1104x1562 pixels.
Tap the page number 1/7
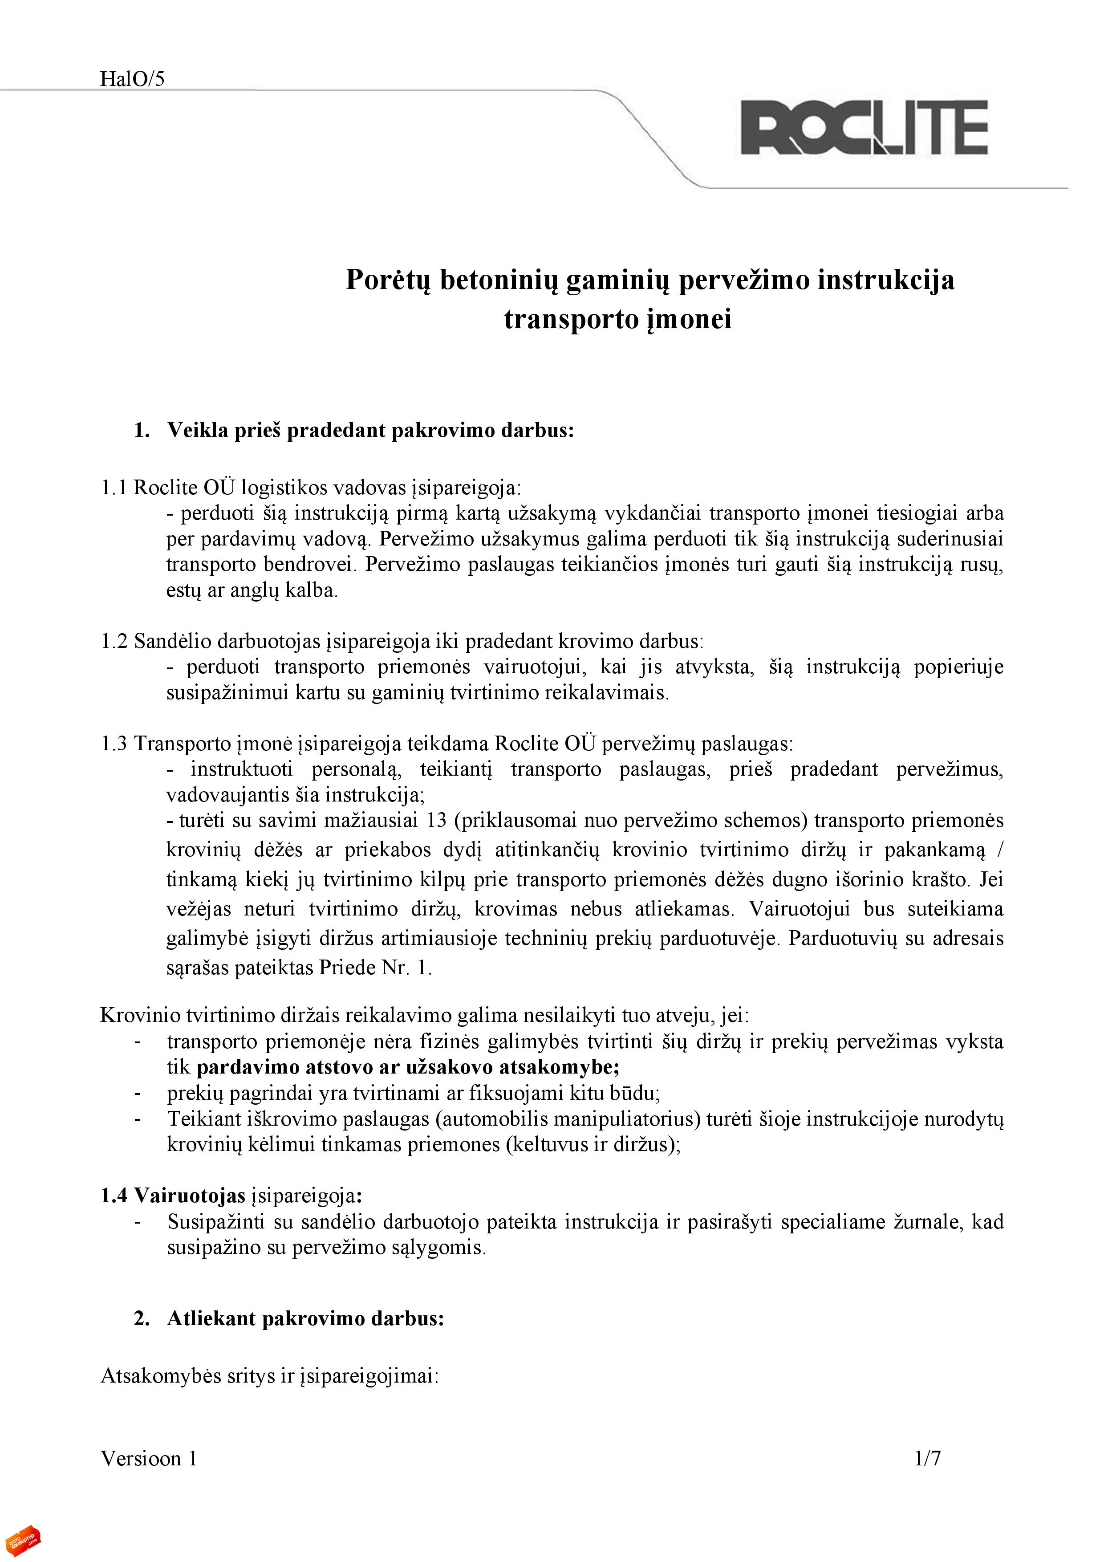point(927,1458)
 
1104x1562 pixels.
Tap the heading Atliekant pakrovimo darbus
point(305,1318)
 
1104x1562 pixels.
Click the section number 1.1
point(114,488)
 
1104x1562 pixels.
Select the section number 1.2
point(114,641)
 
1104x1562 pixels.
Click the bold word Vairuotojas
point(189,1195)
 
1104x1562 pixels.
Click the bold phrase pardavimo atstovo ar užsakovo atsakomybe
point(407,1067)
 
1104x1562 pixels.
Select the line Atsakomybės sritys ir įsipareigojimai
point(269,1375)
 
